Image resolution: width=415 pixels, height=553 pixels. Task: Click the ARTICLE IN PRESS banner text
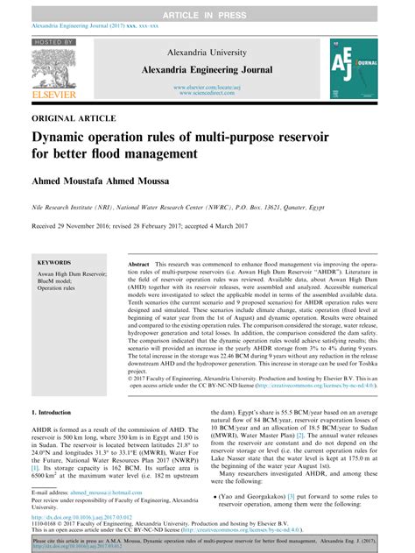coord(207,7)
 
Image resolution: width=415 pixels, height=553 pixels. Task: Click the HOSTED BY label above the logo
coord(51,42)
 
